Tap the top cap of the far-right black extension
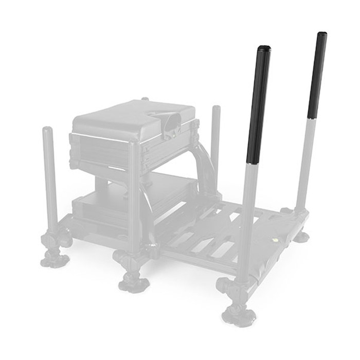tap(321, 35)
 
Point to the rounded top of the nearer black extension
tap(264, 49)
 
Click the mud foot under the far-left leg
tap(52, 257)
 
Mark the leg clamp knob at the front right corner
tap(226, 285)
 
